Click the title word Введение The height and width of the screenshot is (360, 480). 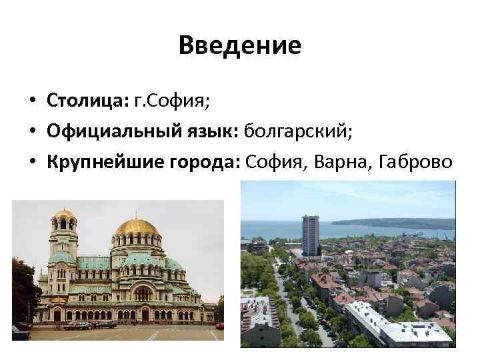tap(240, 45)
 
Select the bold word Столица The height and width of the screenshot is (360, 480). tap(85, 101)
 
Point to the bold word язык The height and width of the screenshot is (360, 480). tap(207, 131)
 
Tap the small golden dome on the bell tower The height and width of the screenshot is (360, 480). tap(64, 215)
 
